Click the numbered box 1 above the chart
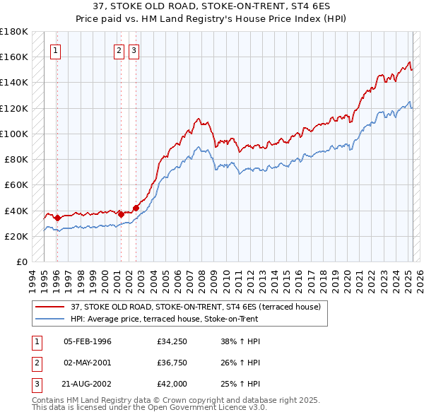click(x=55, y=50)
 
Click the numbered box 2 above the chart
click(x=119, y=50)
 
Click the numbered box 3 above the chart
click(x=134, y=50)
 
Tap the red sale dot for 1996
click(x=57, y=218)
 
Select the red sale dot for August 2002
click(x=136, y=208)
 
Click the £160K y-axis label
click(x=14, y=57)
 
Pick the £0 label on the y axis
click(x=20, y=262)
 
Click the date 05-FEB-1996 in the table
click(x=88, y=342)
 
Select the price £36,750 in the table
click(x=172, y=363)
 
